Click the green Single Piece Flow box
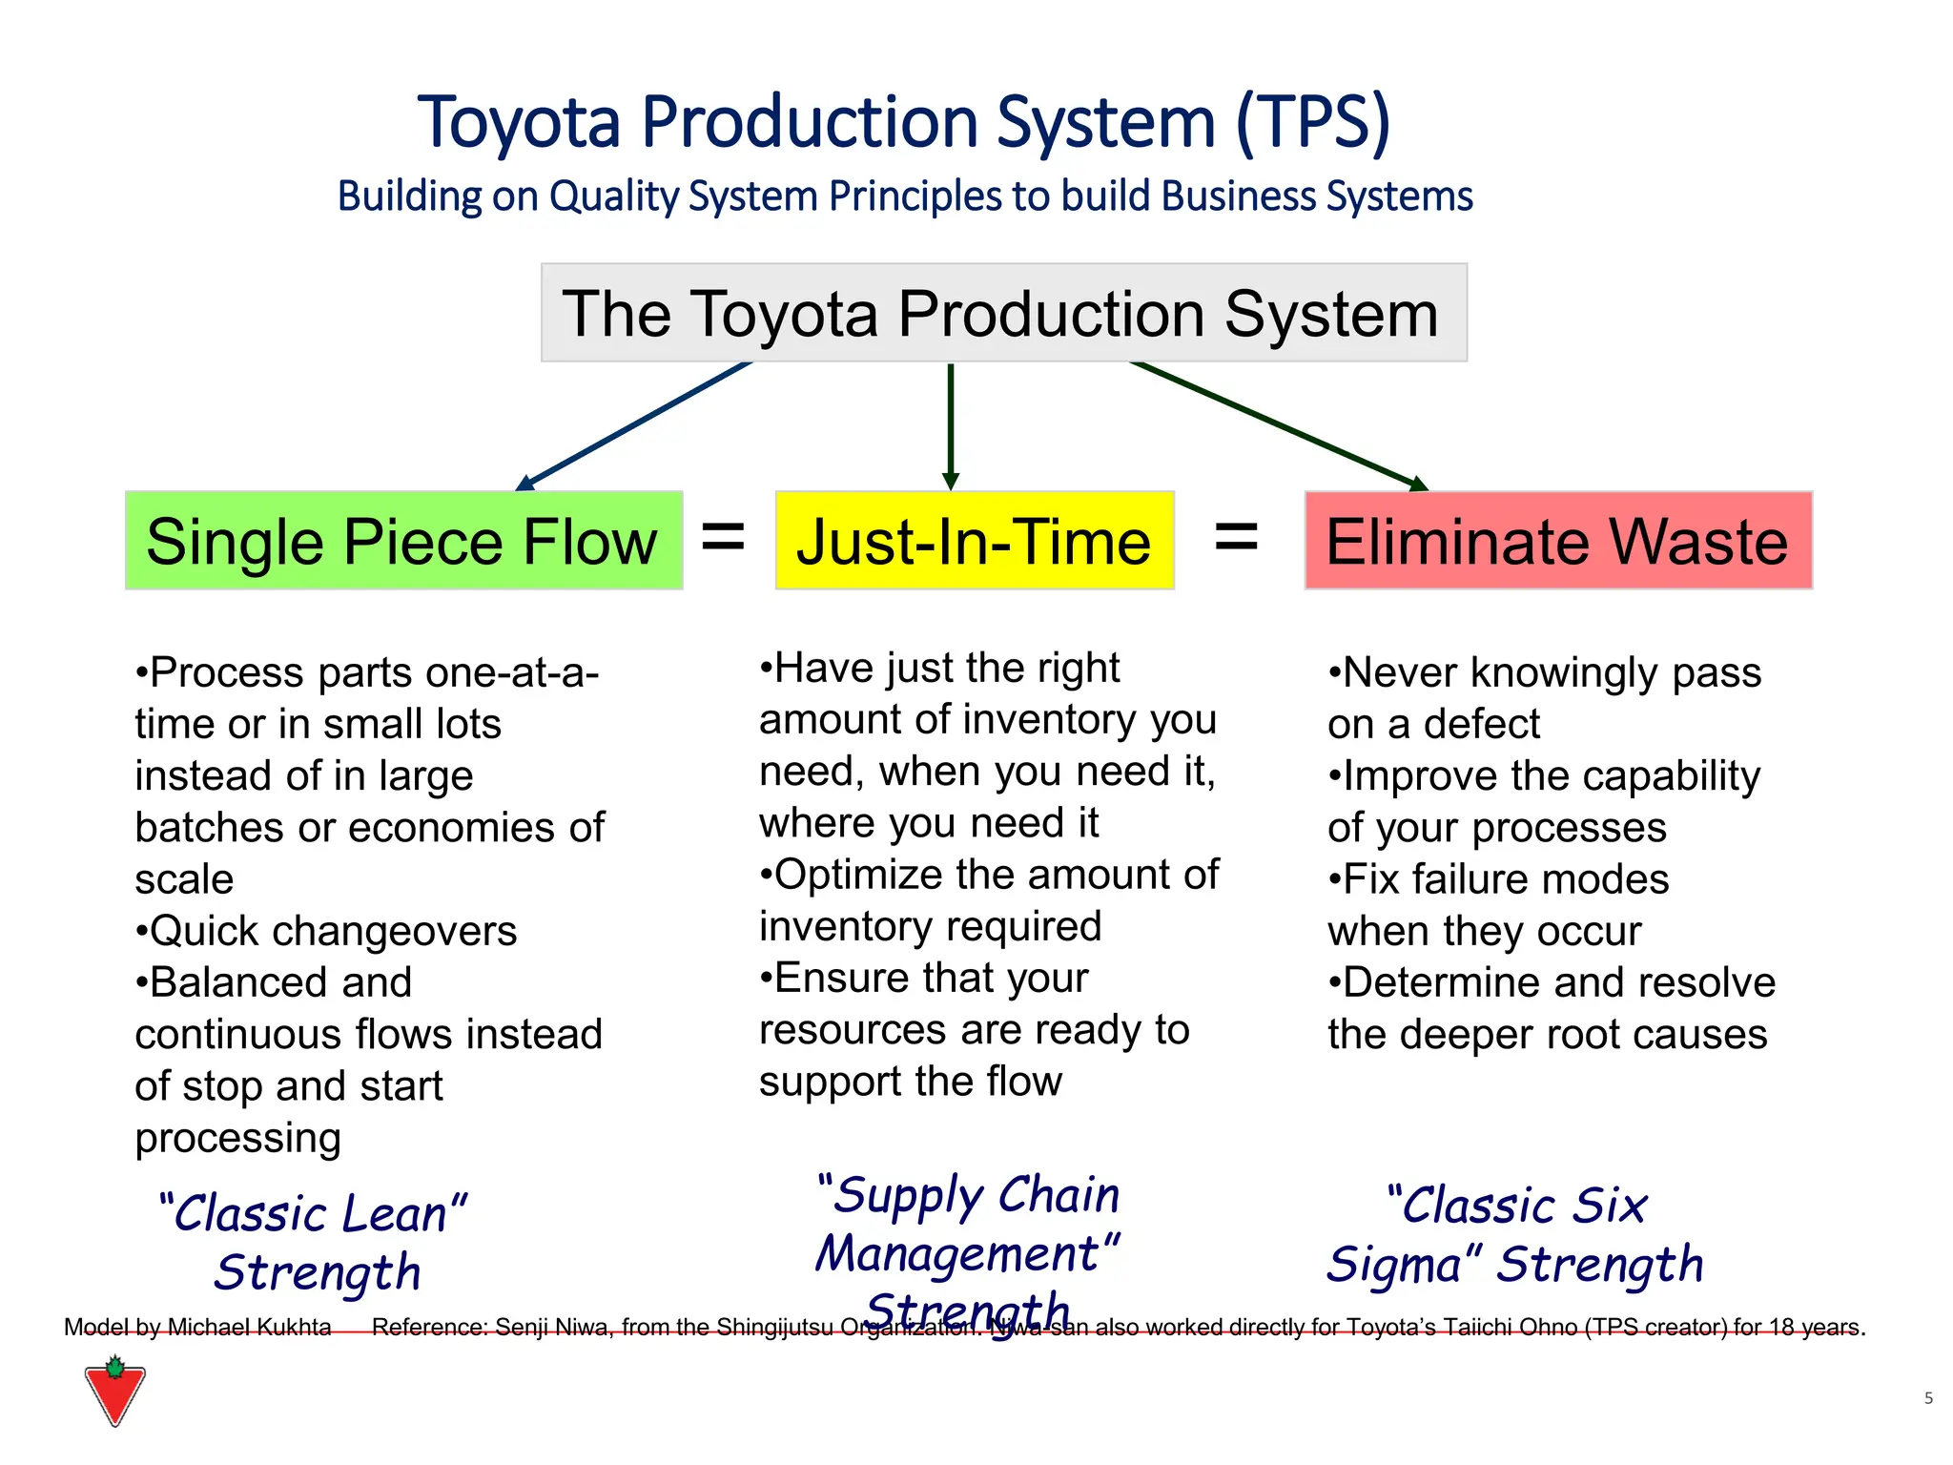(x=403, y=541)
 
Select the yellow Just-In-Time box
(x=974, y=541)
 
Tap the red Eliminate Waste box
(x=1557, y=541)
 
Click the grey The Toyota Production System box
(x=1003, y=313)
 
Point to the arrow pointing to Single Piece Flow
(x=634, y=425)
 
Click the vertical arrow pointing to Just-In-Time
(x=950, y=424)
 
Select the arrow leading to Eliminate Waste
(x=1278, y=424)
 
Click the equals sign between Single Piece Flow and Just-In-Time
(x=723, y=536)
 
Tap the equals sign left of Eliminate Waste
(x=1236, y=536)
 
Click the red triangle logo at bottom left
(x=114, y=1393)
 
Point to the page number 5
(x=1928, y=1398)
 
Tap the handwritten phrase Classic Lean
(x=313, y=1214)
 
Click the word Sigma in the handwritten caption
(x=1393, y=1266)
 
